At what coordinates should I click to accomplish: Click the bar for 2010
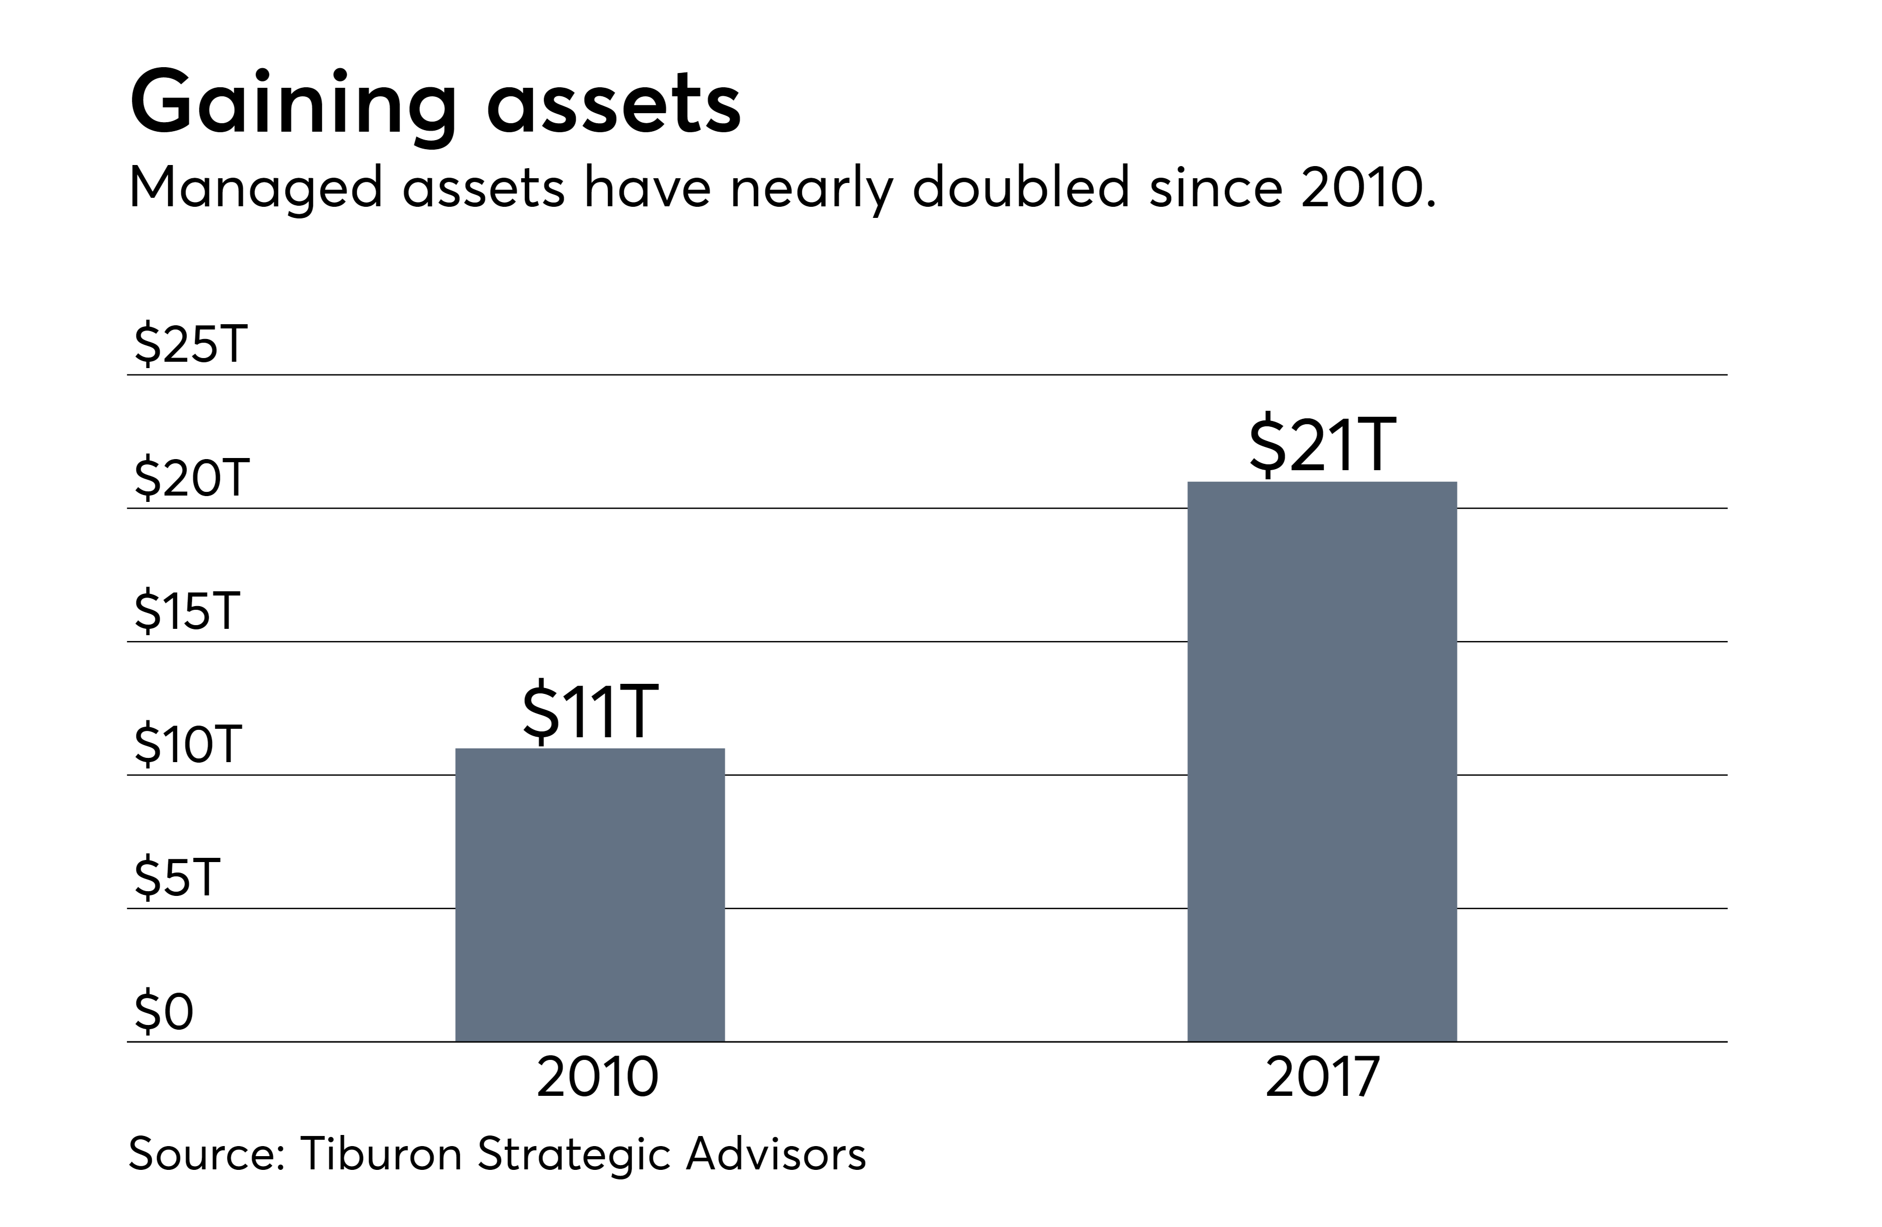coord(590,895)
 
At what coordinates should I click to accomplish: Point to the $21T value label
coord(1322,445)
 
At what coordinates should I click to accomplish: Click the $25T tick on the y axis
coord(190,345)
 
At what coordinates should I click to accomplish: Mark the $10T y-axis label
coord(188,745)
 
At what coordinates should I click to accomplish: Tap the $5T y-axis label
coord(177,878)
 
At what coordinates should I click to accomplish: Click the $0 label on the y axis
coord(164,1012)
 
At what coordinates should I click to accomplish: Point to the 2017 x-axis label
coord(1322,1077)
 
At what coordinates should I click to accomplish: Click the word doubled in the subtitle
coord(1020,188)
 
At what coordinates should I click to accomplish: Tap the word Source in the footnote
coord(206,1153)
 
